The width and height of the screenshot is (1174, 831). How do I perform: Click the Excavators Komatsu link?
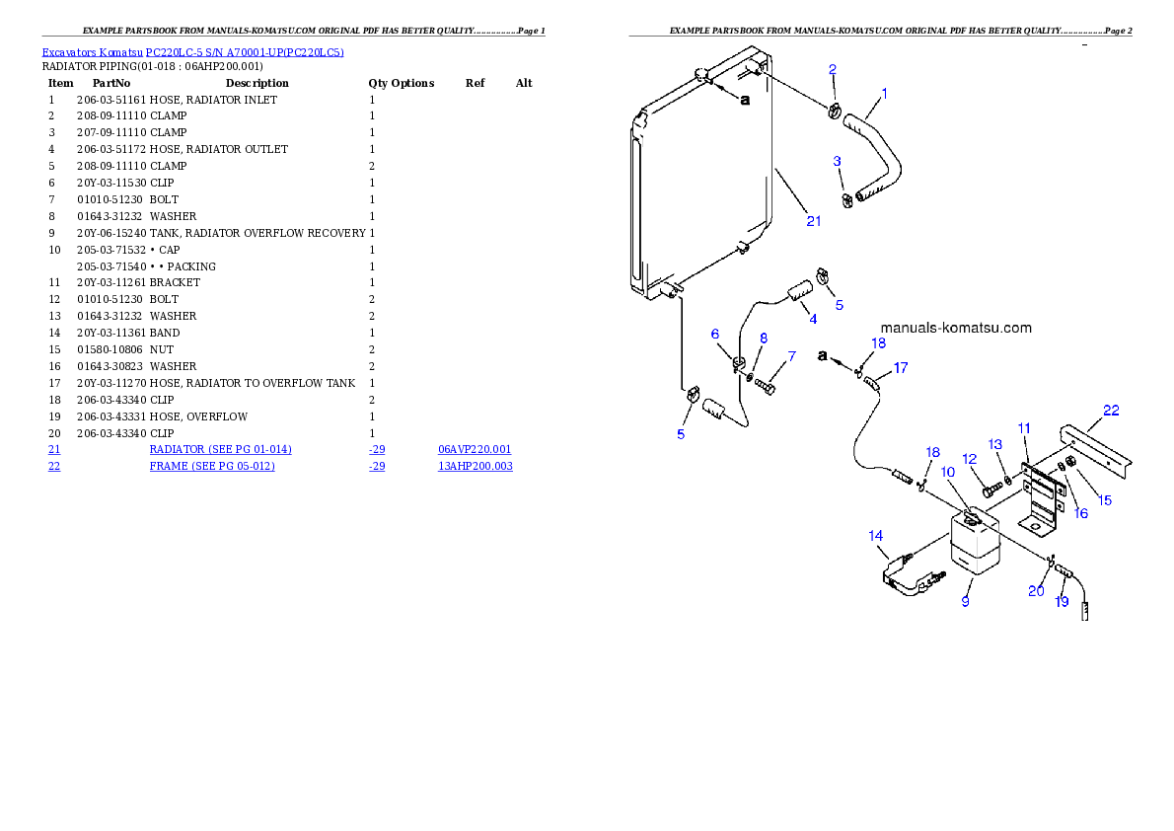tap(92, 52)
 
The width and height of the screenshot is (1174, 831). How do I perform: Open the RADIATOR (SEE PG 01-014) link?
tap(220, 450)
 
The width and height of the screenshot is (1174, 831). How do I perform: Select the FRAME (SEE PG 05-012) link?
tap(212, 466)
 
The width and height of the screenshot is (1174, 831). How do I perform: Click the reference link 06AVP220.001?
tap(475, 450)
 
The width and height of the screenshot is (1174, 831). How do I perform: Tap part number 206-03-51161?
tap(111, 100)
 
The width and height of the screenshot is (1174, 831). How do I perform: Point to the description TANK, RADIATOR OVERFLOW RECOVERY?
tap(257, 233)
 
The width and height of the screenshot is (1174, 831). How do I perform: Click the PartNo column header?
tap(111, 83)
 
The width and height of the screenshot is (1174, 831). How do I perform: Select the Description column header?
tap(257, 83)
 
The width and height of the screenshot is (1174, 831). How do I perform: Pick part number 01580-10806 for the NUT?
tap(110, 350)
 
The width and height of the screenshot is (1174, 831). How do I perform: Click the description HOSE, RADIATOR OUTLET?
tap(219, 149)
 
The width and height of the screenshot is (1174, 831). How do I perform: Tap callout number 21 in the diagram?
tap(814, 221)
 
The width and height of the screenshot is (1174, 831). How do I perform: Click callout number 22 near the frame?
tap(1111, 410)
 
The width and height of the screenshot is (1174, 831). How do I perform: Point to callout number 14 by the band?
tap(876, 536)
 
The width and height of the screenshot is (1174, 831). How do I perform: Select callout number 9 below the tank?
tap(966, 601)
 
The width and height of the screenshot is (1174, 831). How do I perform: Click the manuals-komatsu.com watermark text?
tap(956, 328)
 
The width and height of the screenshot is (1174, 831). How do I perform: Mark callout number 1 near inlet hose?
tap(884, 94)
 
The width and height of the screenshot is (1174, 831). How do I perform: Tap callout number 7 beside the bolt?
tap(791, 356)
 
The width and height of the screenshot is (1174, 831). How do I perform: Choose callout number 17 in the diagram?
tap(901, 368)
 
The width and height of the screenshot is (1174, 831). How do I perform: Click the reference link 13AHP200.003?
tap(476, 466)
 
